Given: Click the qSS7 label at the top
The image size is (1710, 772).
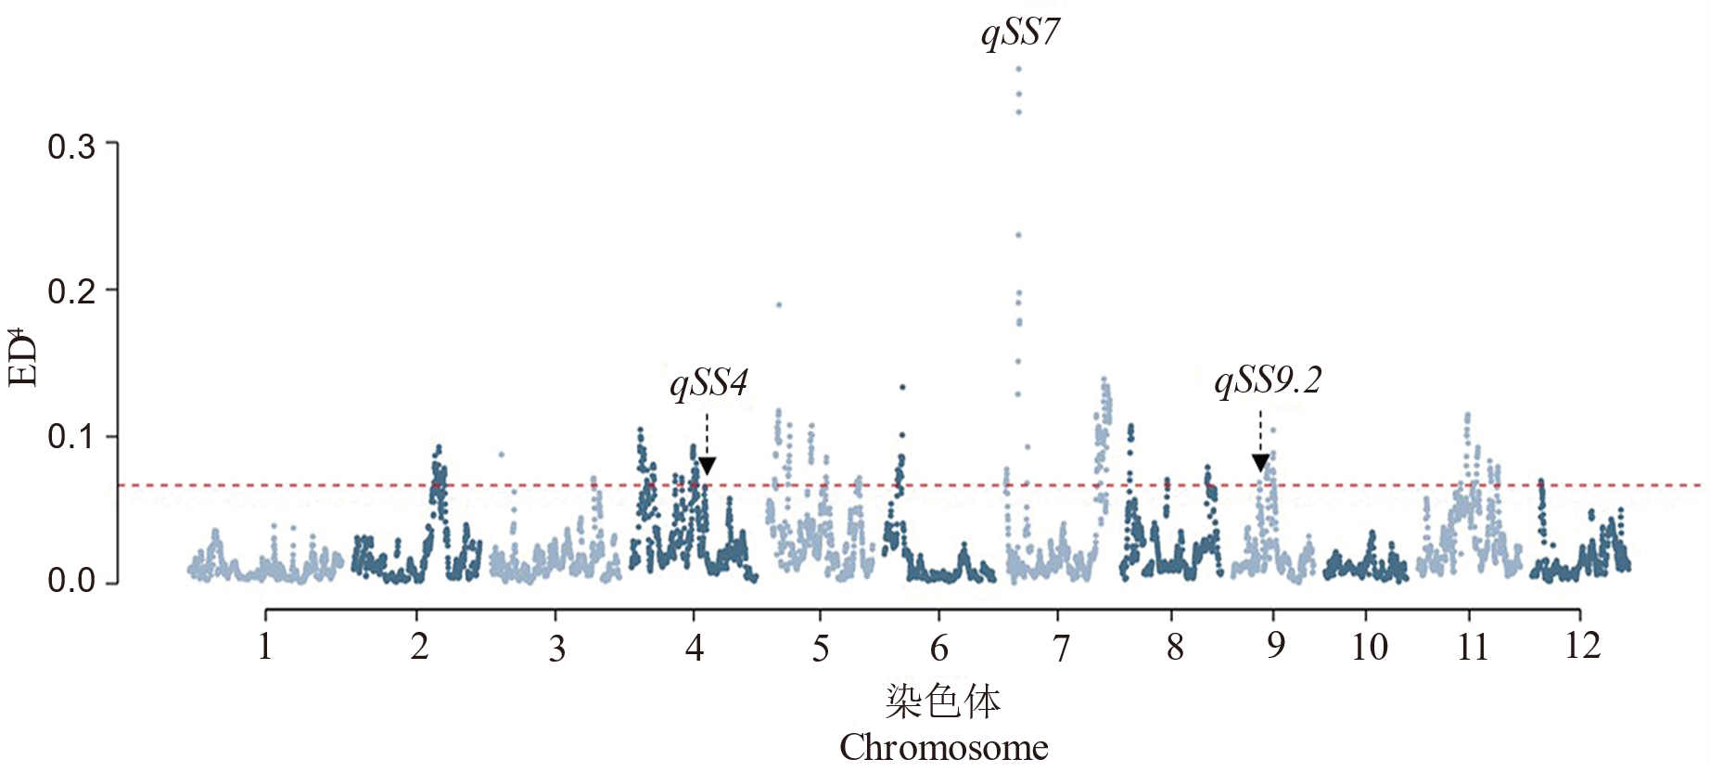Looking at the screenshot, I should [1020, 33].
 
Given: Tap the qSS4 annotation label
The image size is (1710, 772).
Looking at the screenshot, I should [708, 382].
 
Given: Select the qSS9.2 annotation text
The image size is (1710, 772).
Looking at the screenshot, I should [1268, 380].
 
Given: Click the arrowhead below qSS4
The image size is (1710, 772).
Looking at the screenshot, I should [707, 466].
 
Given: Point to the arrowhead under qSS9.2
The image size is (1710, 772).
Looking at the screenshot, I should [1260, 463].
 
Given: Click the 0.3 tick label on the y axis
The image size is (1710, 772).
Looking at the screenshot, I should [71, 146].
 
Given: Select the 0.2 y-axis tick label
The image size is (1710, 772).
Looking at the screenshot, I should [71, 291].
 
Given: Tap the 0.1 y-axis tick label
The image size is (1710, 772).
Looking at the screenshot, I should [71, 436].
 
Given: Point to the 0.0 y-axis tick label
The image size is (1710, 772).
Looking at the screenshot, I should [71, 582].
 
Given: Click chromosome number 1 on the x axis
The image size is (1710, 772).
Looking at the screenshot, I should [265, 646].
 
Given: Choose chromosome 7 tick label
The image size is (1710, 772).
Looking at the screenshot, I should [1061, 648].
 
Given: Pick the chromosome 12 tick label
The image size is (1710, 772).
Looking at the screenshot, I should [1582, 645].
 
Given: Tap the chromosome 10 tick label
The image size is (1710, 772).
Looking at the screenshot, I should [1369, 647].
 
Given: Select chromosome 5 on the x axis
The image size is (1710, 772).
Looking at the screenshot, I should [820, 648].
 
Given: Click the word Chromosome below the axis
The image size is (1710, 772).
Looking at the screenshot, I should [943, 747].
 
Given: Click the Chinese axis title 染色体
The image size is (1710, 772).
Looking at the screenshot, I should [943, 701].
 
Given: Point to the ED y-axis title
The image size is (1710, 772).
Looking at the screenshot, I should [24, 356].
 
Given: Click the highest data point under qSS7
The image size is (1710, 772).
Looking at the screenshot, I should [1018, 69].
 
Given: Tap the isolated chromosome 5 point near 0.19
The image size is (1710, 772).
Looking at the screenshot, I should [779, 304].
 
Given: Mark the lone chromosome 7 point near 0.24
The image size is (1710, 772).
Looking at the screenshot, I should [1018, 235].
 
